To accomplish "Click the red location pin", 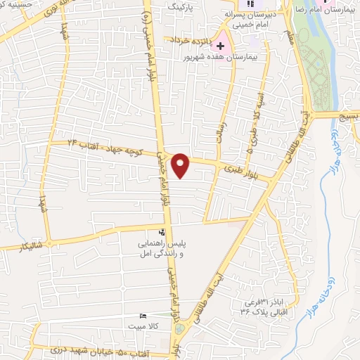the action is [x=181, y=165].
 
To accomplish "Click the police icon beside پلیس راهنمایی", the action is [x=162, y=232].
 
